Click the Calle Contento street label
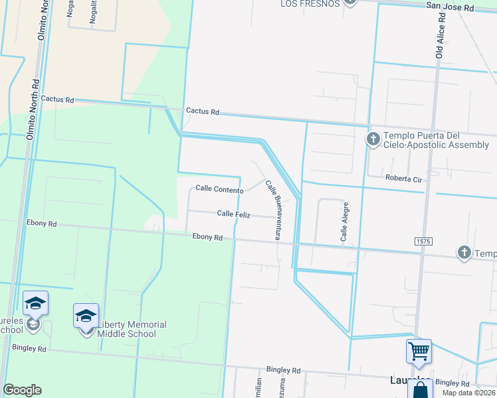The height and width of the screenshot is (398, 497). coord(219,190)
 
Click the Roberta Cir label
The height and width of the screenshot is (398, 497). coord(404,178)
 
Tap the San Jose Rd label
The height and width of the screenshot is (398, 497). coord(450,8)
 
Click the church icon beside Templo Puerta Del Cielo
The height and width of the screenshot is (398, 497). coord(373,140)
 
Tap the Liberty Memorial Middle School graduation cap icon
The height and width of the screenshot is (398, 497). coord(86,316)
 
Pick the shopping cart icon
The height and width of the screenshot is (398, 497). coord(419,350)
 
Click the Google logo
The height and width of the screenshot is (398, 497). coord(22,390)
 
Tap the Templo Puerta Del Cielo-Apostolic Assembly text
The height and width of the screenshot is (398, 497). coord(436,141)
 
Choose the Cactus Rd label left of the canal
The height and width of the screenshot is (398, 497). coord(56,99)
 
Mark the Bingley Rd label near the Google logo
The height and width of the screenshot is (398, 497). coord(28,348)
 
